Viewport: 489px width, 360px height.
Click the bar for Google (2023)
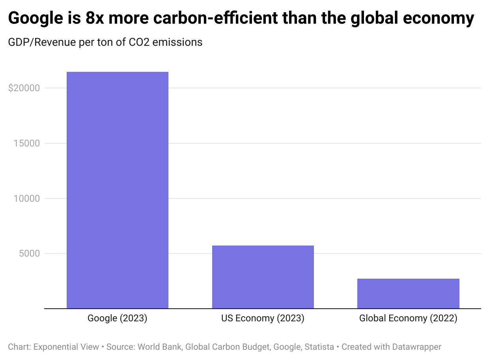(118, 190)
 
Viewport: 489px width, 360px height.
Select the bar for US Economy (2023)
(263, 277)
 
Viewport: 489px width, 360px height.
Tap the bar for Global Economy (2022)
(408, 293)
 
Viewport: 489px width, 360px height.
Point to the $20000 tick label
(24, 88)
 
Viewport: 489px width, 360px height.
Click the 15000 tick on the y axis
(26, 143)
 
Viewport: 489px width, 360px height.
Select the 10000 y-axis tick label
(26, 199)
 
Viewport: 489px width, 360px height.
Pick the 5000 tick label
(29, 253)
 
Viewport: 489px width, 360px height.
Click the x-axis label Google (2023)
(118, 318)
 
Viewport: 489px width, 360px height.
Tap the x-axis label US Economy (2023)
(263, 318)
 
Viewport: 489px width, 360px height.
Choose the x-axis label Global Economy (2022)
(408, 318)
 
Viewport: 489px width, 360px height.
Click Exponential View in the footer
(66, 347)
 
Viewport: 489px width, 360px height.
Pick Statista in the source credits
(319, 347)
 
